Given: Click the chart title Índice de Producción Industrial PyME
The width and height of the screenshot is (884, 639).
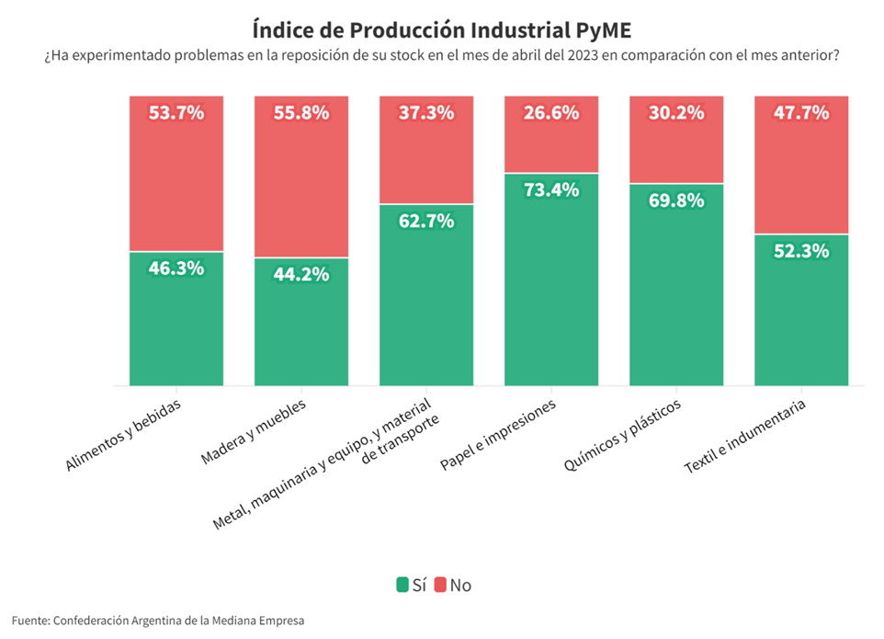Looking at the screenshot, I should pos(441,27).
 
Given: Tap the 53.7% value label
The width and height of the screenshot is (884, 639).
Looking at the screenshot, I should pos(176,113).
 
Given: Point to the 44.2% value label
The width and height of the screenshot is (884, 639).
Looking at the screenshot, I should pos(301,274).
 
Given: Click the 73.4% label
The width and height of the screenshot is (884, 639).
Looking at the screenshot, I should pos(551,190).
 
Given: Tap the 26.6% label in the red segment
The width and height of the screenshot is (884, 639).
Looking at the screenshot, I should pos(551,113).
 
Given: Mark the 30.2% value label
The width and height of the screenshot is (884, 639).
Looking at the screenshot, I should pos(676,113).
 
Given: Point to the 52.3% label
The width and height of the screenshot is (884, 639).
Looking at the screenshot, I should pos(801,251).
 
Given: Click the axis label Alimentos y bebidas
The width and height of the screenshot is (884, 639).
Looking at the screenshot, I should pos(124,436).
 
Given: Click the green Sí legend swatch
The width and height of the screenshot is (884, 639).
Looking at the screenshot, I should pos(402,585).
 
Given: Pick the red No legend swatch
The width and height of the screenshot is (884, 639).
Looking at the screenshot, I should pos(440,585).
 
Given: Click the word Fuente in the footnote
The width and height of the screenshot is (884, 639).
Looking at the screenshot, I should pos(29,621).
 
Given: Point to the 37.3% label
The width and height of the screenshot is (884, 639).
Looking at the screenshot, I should pos(426,113).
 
